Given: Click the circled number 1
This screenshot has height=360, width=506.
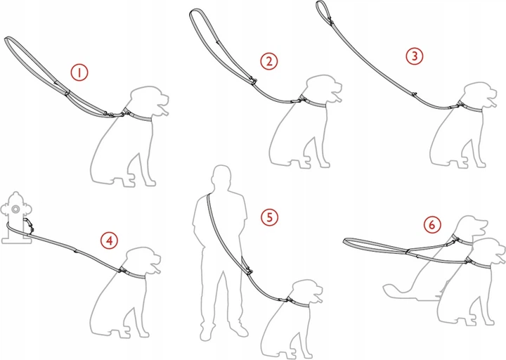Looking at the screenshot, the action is (x=79, y=72).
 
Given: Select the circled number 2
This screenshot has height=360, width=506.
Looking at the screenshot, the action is (x=268, y=61).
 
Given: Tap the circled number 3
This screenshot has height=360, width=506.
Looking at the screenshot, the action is (x=415, y=56).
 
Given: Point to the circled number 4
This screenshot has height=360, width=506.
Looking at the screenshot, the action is (x=110, y=240).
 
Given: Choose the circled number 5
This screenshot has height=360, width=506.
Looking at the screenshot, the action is (x=269, y=217).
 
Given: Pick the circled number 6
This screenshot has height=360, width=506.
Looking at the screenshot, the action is (x=432, y=225).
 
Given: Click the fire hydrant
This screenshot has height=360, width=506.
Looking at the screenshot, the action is (x=16, y=217).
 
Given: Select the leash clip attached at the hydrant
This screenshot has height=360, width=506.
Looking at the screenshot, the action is (x=28, y=224).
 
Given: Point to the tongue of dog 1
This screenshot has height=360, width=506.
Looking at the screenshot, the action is (x=164, y=111).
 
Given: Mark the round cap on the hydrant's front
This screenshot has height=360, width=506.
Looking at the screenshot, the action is (x=15, y=210).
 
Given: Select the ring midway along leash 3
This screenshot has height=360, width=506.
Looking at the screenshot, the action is (x=414, y=94).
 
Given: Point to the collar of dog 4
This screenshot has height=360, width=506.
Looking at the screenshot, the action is (x=133, y=274).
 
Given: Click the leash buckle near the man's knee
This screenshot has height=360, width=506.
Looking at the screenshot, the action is (x=248, y=269).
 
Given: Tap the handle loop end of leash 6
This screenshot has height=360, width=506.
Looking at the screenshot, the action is (x=344, y=241).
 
